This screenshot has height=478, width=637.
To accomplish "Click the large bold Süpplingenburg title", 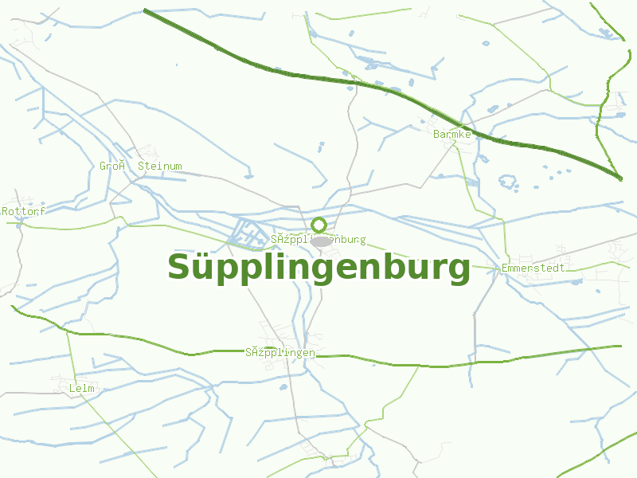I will pyautogui.click(x=318, y=268).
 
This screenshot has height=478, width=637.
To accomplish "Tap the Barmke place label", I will pyautogui.click(x=452, y=135).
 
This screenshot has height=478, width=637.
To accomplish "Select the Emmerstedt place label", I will pyautogui.click(x=533, y=268).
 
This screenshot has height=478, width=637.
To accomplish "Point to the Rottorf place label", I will pyautogui.click(x=24, y=211).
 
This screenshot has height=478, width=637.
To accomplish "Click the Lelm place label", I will pyautogui.click(x=82, y=388).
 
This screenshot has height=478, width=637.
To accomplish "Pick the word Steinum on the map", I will pyautogui.click(x=160, y=167).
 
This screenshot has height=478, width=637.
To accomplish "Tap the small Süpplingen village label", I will pyautogui.click(x=280, y=353).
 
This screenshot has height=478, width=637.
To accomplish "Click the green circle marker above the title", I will pyautogui.click(x=319, y=225).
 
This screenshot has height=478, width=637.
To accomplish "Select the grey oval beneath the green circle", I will pyautogui.click(x=321, y=241).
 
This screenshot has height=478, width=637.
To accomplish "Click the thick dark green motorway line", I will pyautogui.click(x=318, y=78).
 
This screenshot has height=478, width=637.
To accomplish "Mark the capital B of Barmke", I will pyautogui.click(x=436, y=135).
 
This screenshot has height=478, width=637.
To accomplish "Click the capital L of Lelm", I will pyautogui.click(x=72, y=388).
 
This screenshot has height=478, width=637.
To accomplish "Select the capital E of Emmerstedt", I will pyautogui.click(x=505, y=268).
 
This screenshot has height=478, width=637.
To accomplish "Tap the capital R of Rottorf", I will pyautogui.click(x=5, y=211).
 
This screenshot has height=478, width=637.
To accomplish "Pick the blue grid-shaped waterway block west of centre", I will pyautogui.click(x=249, y=232).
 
